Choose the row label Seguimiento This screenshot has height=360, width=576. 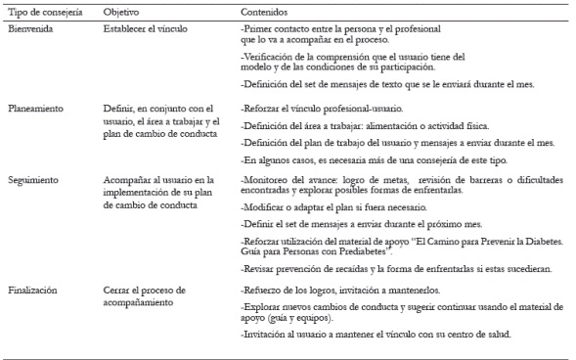click(x=33, y=180)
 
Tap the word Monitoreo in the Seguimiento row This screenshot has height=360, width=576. click(x=262, y=180)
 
